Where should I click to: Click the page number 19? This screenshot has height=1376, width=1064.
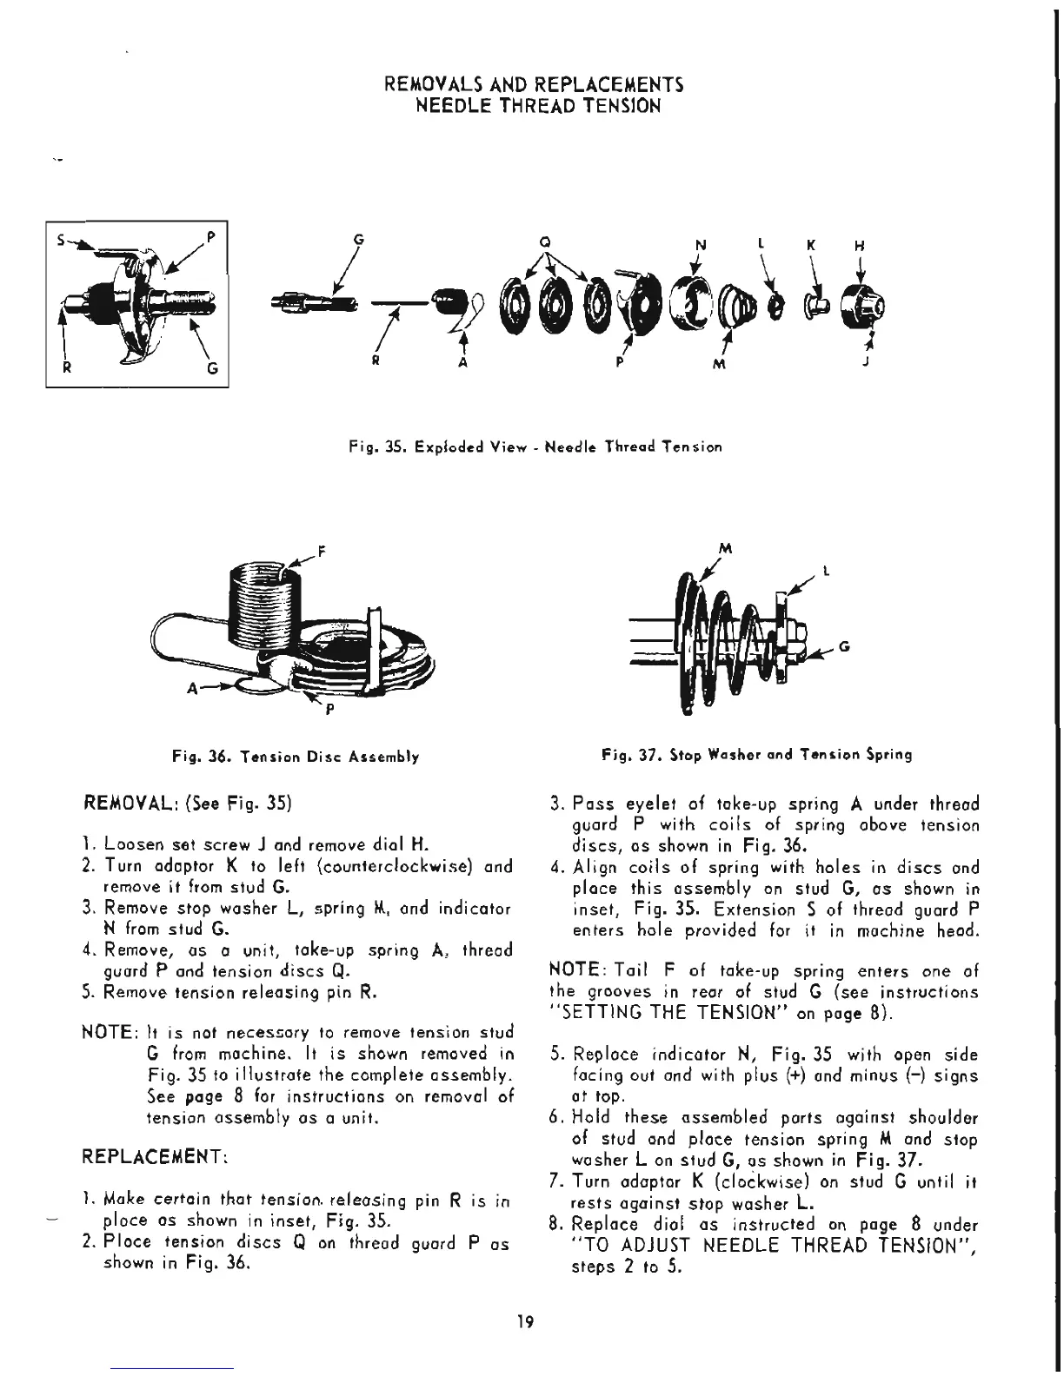523,1323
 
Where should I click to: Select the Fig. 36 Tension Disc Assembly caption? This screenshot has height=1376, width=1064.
296,757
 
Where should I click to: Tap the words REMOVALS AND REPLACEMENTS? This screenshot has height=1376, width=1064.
534,85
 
